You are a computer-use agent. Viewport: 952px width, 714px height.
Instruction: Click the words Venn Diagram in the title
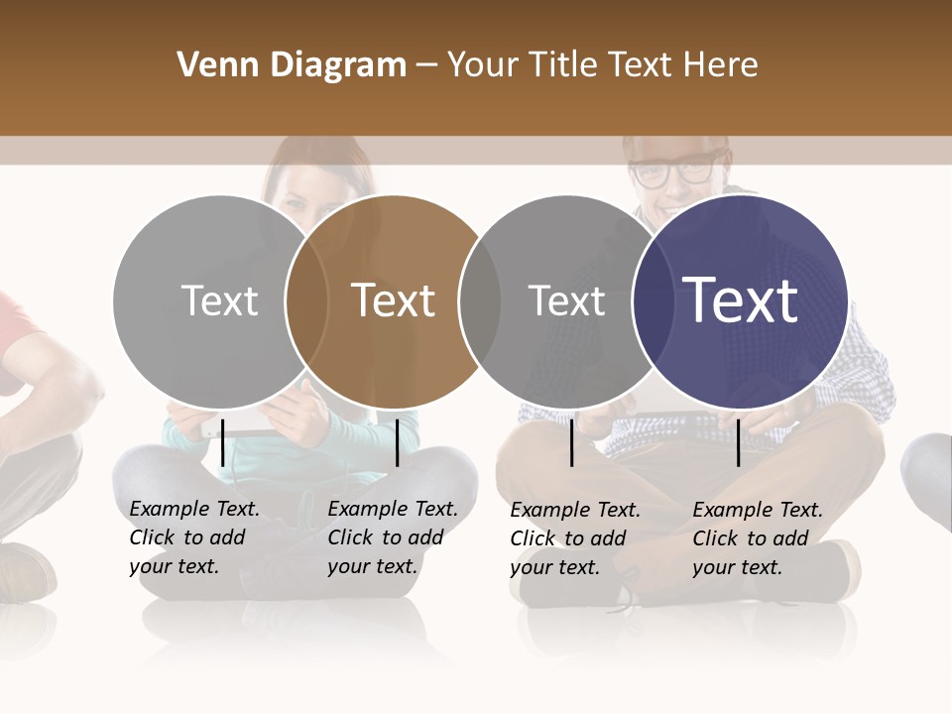point(292,65)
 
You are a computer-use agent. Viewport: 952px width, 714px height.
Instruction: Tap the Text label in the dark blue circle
point(741,299)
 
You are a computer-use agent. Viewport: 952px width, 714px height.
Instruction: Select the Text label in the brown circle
point(393,300)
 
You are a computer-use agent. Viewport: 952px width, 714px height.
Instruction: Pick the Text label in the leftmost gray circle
point(219,300)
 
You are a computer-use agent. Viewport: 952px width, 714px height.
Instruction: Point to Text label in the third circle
point(566,300)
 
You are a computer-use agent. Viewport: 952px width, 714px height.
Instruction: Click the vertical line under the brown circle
point(397,442)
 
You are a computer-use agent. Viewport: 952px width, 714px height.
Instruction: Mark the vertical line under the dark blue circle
point(738,442)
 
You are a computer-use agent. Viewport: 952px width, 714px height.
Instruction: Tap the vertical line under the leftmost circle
point(223,442)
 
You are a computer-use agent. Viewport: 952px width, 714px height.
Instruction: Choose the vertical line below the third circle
point(572,442)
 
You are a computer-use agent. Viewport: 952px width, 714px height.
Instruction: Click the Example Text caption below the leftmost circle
point(193,537)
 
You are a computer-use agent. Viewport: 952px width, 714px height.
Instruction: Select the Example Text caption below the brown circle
point(392,537)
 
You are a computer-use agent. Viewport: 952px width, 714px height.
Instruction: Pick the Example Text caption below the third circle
point(574,538)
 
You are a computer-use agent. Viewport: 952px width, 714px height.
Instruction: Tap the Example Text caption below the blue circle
point(757,538)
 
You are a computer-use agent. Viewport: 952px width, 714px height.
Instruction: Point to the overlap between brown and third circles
point(480,300)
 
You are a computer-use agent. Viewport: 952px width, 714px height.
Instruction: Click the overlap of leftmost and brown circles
point(306,300)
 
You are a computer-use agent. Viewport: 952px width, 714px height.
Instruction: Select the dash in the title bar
point(426,65)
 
